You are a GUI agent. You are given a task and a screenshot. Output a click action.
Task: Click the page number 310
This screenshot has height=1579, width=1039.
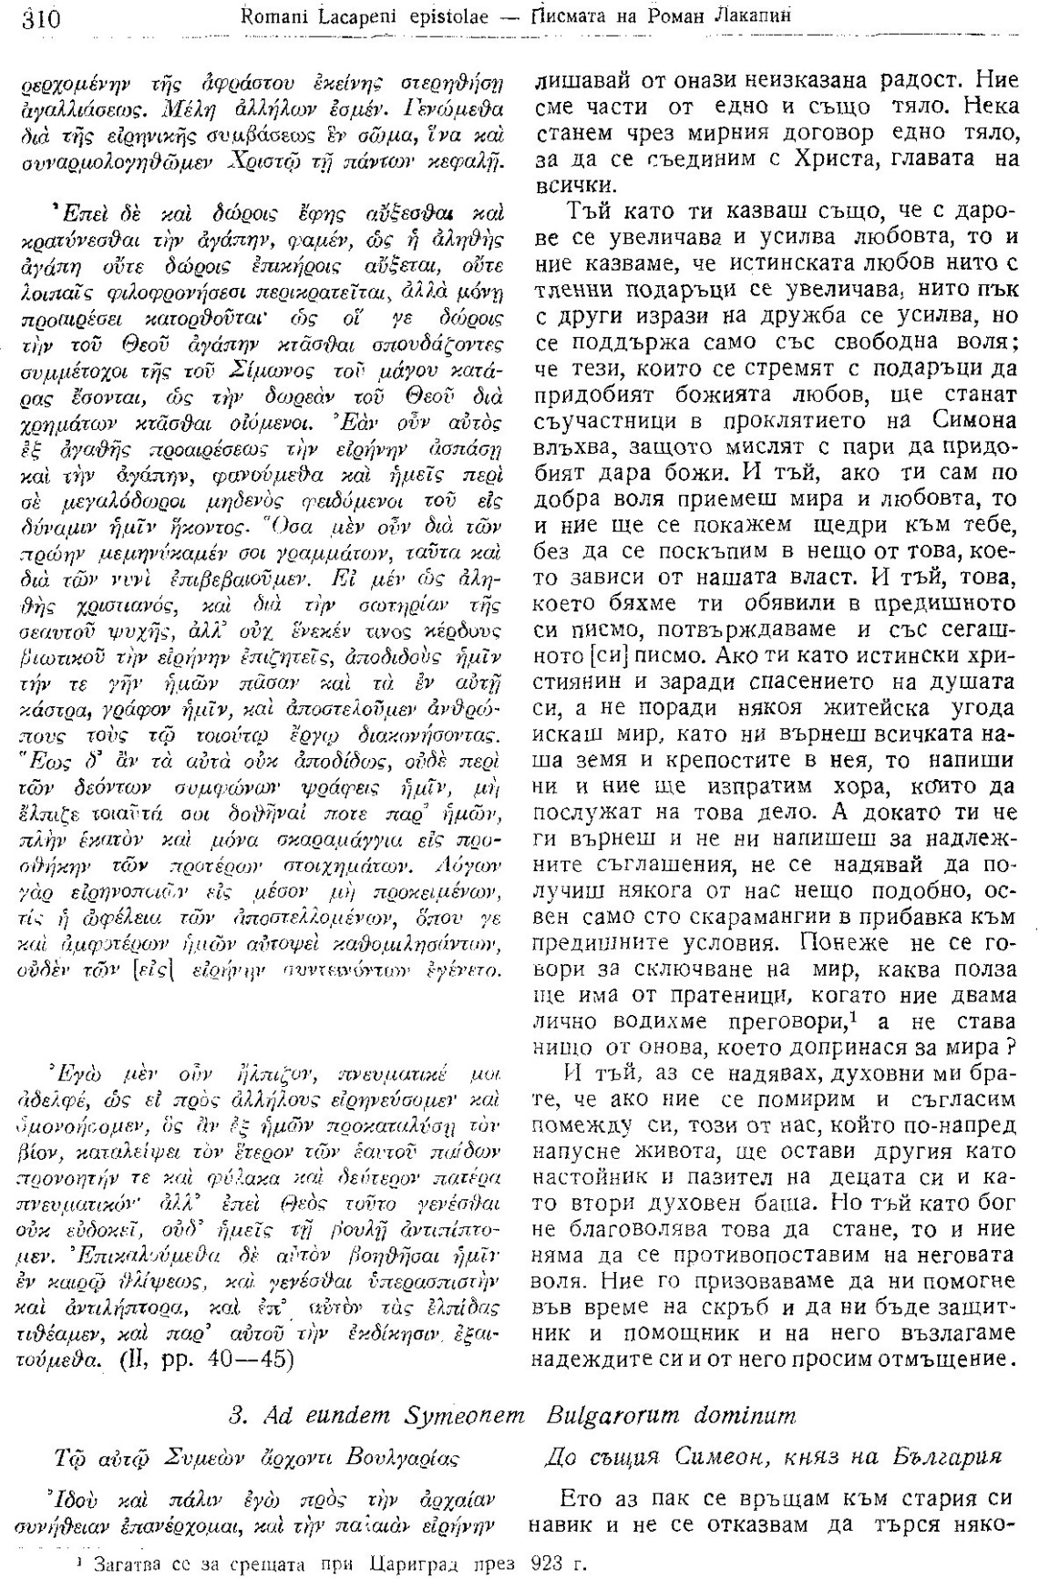point(33,15)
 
